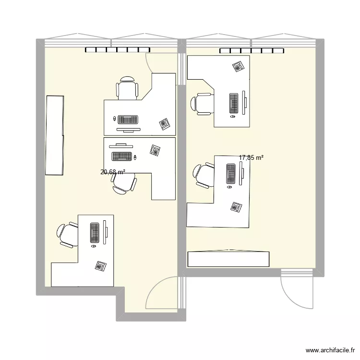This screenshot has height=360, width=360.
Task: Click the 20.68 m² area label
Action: tap(113, 172)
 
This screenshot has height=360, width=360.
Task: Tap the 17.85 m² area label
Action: tap(251, 157)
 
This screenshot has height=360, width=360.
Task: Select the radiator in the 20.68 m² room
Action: tap(118, 50)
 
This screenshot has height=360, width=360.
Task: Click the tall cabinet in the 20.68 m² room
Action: tap(54, 135)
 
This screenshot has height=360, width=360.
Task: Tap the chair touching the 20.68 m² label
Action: tap(124, 183)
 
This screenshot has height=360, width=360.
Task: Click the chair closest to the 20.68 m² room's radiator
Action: tap(127, 88)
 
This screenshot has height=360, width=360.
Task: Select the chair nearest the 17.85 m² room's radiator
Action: tap(203, 104)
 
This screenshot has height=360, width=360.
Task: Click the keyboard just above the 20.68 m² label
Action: tap(122, 156)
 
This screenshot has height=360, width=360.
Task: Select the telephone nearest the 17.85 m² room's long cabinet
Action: tap(236, 207)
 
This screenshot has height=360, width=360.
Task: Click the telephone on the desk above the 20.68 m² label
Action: tap(155, 150)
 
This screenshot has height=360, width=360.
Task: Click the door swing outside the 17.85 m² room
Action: tap(296, 293)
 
